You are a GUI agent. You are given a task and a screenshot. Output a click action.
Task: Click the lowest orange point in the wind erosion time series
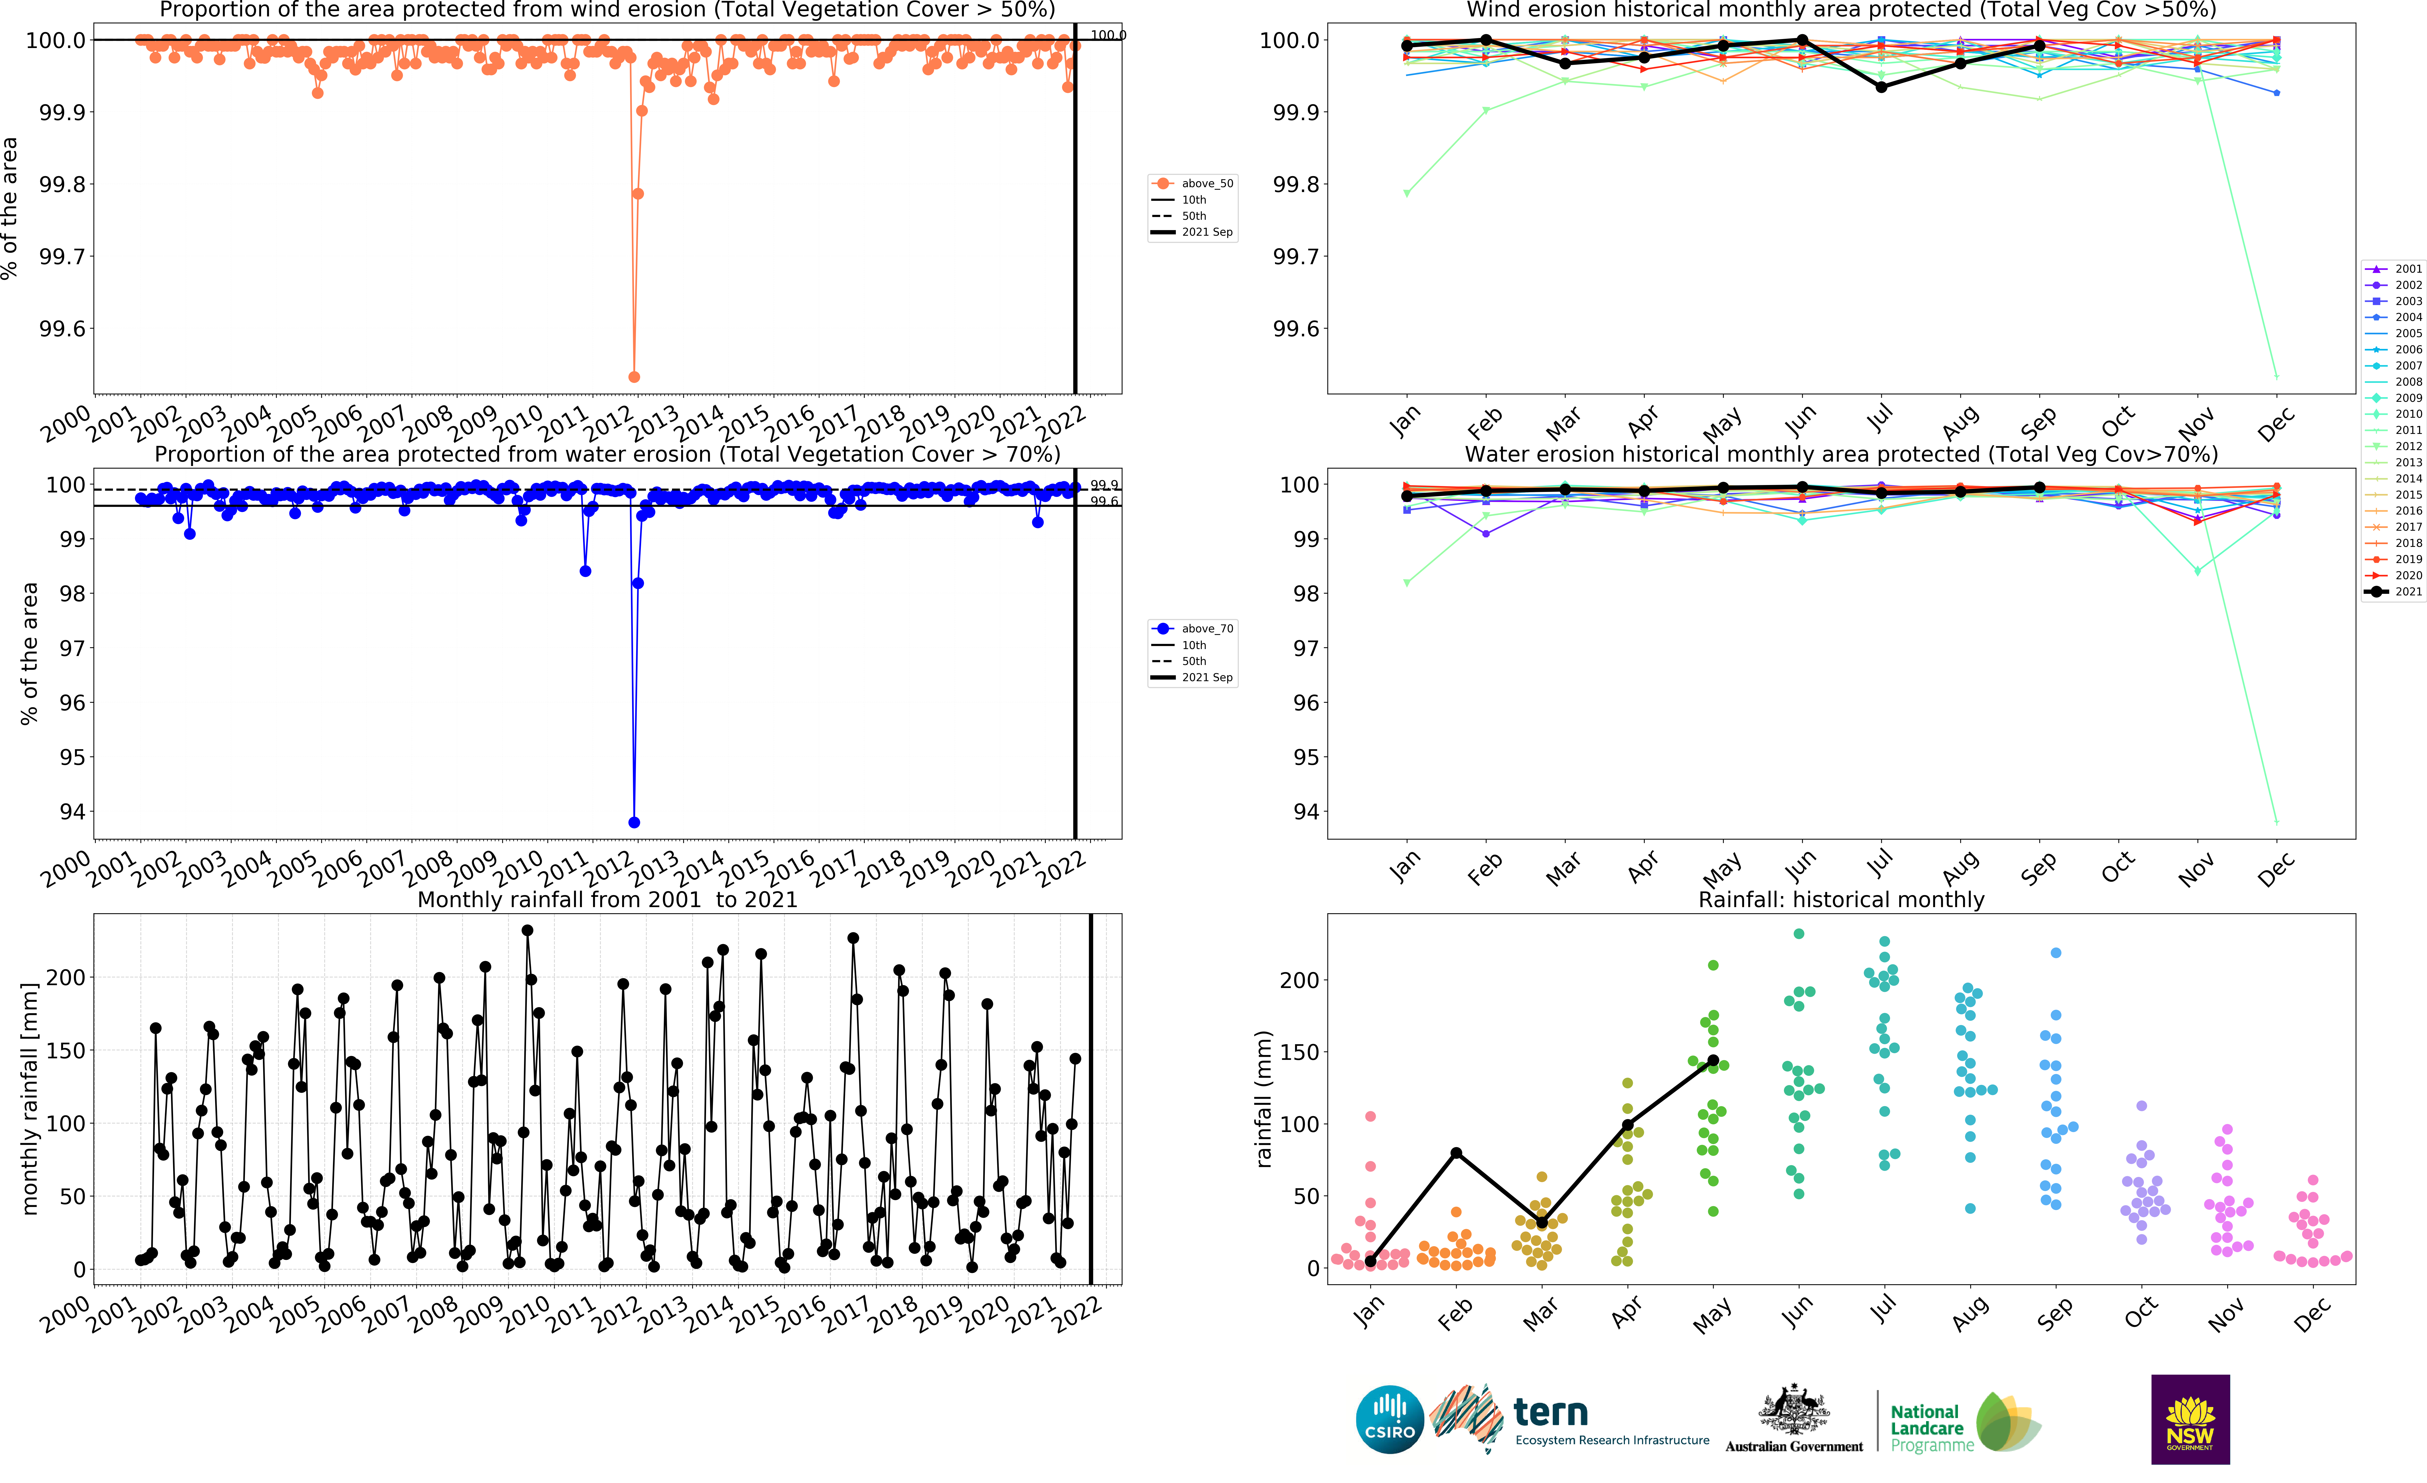(634, 377)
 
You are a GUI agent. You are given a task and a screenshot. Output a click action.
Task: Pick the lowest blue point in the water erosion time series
(634, 822)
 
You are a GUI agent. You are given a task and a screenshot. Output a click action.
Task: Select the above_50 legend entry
(1194, 183)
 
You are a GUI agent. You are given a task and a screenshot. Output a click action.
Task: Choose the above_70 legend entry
(1194, 628)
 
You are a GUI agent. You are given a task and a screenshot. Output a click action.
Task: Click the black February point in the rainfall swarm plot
(1456, 1153)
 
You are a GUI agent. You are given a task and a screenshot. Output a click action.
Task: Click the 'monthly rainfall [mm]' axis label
(30, 1098)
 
